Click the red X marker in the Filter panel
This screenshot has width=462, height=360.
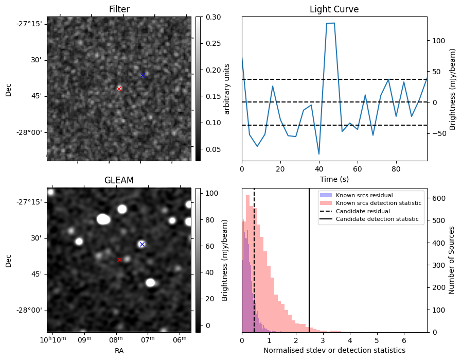[x=119, y=89]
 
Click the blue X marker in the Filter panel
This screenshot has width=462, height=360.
[x=143, y=76]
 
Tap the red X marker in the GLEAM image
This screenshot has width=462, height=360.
[x=119, y=260]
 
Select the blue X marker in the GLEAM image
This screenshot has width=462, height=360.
[x=142, y=244]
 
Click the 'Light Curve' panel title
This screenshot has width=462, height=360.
[x=334, y=9]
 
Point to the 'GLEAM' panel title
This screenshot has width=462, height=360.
[x=119, y=180]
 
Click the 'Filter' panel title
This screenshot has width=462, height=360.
[x=119, y=9]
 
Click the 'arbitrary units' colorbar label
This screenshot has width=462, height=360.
[x=226, y=89]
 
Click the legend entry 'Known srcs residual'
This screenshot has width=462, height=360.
[x=364, y=195]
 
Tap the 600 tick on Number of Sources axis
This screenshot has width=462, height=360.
[x=437, y=198]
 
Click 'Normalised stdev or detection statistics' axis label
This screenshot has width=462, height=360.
[x=334, y=350]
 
